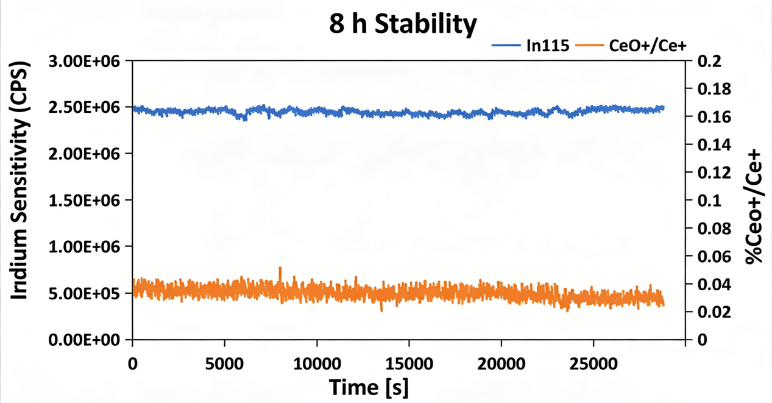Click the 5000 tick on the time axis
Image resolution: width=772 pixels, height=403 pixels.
pos(225,364)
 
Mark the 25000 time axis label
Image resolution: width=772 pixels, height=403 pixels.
pos(593,364)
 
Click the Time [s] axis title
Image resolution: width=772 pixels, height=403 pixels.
pos(369,387)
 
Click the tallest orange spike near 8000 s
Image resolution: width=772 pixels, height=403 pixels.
pos(280,268)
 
